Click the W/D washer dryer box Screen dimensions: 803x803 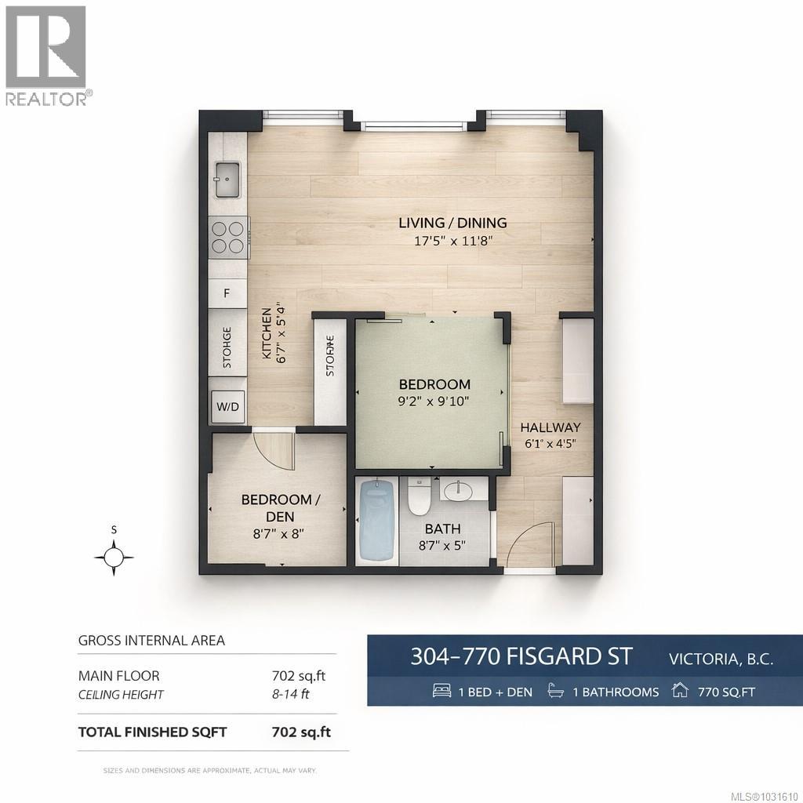(x=227, y=407)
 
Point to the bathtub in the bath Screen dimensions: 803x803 (x=376, y=521)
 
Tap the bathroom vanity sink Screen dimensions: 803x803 (x=458, y=492)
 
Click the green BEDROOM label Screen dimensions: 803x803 (x=434, y=384)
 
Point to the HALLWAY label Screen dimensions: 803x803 (x=551, y=427)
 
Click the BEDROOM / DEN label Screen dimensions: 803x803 (x=280, y=508)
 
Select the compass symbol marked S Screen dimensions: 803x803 (x=114, y=557)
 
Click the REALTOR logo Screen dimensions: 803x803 (x=47, y=55)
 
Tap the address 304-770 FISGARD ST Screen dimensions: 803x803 (x=521, y=656)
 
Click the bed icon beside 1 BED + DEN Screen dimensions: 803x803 (x=442, y=692)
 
